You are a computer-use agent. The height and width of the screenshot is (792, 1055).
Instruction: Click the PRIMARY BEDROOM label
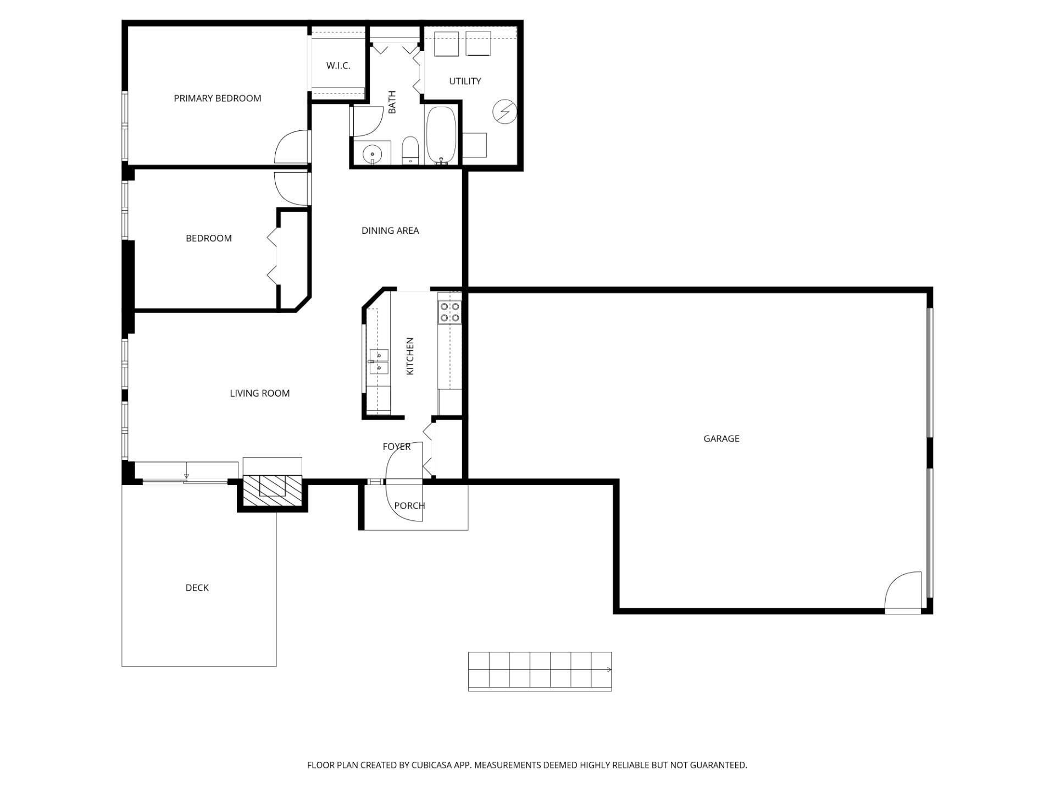point(217,98)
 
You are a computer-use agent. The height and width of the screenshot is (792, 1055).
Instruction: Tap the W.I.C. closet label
point(338,66)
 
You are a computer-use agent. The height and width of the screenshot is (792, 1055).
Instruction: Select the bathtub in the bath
point(441,135)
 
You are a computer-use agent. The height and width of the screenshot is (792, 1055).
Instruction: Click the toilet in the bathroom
point(410,151)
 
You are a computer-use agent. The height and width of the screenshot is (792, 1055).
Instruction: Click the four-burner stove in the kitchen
point(449,312)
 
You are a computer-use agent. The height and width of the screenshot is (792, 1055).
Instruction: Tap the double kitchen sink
point(379,361)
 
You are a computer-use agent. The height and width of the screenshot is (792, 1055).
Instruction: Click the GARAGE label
point(721,439)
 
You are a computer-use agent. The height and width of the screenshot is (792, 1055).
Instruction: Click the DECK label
point(197,588)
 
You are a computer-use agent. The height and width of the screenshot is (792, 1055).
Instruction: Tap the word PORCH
point(409,506)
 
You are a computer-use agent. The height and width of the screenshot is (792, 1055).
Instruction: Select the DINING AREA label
point(390,231)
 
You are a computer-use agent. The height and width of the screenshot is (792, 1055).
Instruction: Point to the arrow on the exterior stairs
point(609,670)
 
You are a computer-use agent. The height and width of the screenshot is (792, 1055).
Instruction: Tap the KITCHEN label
point(410,356)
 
